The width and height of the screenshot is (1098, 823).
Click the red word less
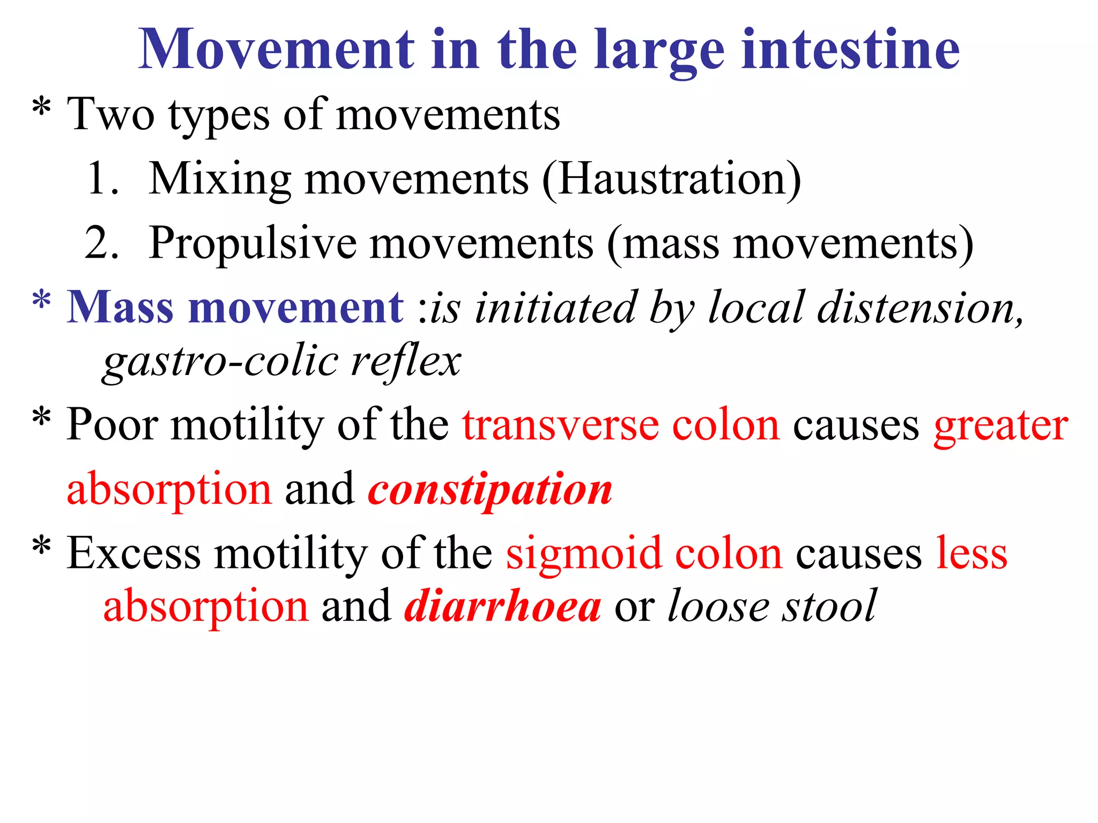click(971, 553)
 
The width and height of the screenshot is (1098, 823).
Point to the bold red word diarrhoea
click(502, 607)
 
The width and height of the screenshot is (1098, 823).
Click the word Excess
click(133, 553)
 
